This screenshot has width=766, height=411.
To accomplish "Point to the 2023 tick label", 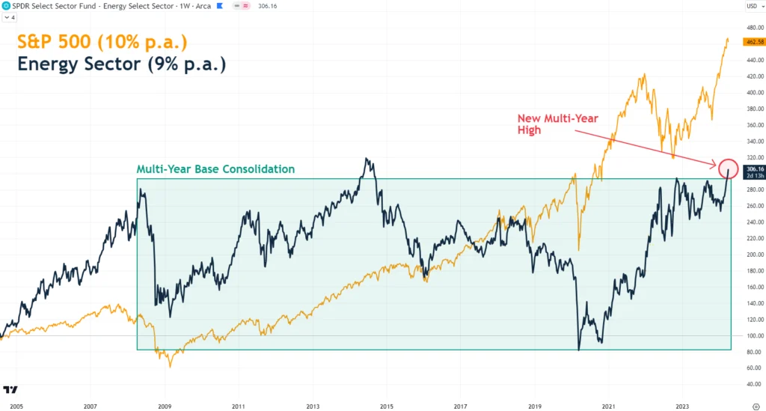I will coord(682,406).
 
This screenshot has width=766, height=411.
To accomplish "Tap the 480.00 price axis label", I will coord(754,28).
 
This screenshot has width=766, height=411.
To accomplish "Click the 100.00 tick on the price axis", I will coord(754,335).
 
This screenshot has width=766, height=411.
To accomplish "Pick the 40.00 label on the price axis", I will coord(754,384).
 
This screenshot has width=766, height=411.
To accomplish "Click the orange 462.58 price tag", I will coord(754,42).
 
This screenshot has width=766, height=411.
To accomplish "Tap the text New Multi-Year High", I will coord(557,124).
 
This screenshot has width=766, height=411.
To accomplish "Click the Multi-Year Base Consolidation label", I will coord(215,169).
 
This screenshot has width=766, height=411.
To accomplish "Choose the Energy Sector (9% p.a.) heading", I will coord(122,64).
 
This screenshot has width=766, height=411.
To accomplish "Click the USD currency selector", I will coord(753,6).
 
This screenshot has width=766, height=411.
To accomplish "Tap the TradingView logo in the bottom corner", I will coord(10,390).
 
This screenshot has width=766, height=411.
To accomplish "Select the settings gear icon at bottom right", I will coord(756,406).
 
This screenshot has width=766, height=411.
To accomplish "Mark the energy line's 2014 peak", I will coord(367,159).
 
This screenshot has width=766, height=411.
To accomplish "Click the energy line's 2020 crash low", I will coord(579,349).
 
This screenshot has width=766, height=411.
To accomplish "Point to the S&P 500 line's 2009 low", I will coord(171,366).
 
